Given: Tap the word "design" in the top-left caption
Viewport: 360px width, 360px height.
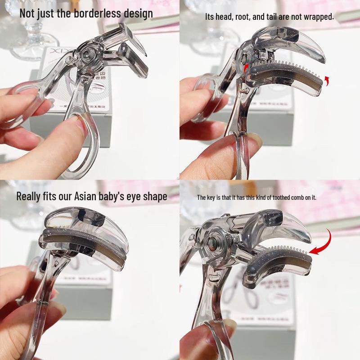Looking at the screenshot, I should [137, 13].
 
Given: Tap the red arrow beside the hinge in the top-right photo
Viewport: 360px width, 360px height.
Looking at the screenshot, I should [247, 67].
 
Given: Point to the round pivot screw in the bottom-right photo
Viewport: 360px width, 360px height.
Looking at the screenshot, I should [211, 244].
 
